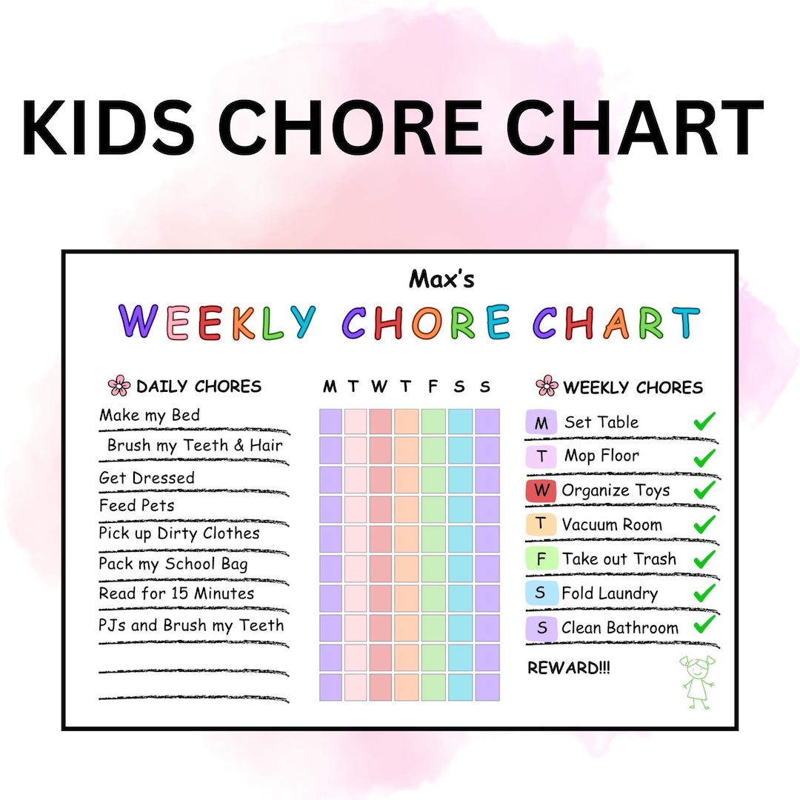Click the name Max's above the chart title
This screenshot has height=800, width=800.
(x=441, y=279)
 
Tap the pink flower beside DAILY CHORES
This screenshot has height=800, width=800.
(x=119, y=386)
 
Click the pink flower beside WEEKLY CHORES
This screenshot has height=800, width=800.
(x=546, y=386)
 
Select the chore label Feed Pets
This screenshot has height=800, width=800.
(x=137, y=506)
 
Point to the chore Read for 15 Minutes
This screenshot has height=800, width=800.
(x=176, y=594)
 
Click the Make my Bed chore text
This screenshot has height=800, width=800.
(x=150, y=415)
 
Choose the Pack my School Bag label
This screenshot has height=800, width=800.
(x=173, y=564)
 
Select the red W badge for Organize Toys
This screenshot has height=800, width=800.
(x=541, y=490)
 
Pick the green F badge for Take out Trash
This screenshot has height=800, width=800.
(x=541, y=559)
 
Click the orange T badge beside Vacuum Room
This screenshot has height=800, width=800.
(x=541, y=524)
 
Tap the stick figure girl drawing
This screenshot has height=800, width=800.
(x=698, y=681)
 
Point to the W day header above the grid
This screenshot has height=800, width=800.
(x=379, y=386)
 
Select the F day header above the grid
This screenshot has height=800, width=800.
(x=433, y=386)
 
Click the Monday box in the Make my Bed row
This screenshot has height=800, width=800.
(x=330, y=421)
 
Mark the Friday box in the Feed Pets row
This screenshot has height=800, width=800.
(x=433, y=510)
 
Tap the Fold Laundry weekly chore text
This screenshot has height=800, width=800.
(x=609, y=593)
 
